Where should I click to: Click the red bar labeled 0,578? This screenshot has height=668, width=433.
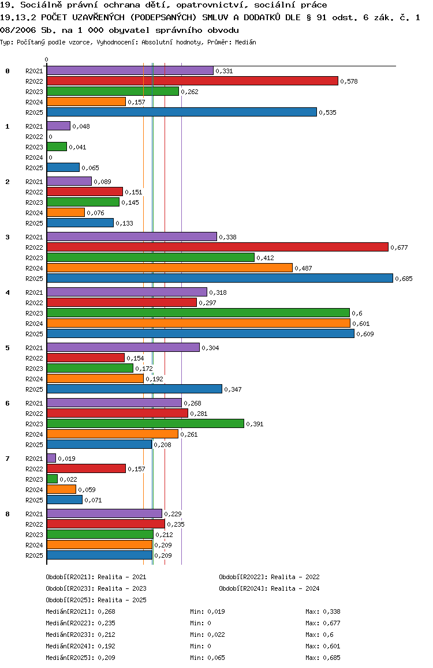pos(192,81)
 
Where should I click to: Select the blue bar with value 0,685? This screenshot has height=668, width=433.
pos(219,278)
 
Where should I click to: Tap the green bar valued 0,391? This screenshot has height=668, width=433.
pos(145,423)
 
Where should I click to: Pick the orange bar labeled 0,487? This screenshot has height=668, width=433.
pos(169,268)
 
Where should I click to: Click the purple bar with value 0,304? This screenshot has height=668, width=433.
pos(123,347)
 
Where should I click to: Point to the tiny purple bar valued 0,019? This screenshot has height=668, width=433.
pos(51,458)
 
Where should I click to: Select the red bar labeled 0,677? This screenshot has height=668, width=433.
pos(217,247)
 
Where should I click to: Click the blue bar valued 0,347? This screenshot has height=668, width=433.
pos(134,389)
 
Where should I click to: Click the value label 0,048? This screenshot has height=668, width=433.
pos(81,126)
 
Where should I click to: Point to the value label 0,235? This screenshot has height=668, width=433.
pos(176,524)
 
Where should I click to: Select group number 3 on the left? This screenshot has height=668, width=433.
pos(8,237)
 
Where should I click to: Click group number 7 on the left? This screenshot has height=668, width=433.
pos(8,459)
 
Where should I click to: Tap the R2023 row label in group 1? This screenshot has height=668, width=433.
pos(34,147)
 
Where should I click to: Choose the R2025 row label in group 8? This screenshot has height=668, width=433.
pos(34,556)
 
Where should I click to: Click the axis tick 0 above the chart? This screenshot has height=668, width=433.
pos(47,59)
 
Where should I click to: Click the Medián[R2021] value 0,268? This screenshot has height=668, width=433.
pos(106,611)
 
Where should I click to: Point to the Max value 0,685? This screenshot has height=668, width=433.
pos(332,658)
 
